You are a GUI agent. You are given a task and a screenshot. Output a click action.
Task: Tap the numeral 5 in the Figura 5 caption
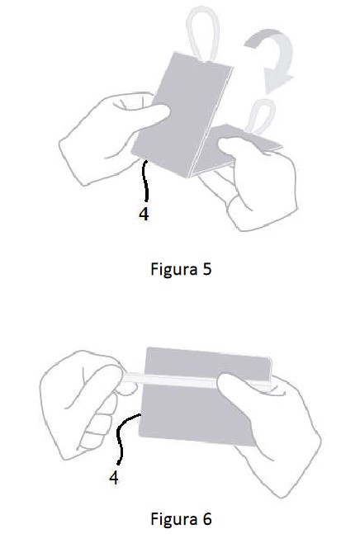(x=207, y=269)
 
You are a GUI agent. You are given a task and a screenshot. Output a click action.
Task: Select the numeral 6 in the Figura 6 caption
(x=207, y=518)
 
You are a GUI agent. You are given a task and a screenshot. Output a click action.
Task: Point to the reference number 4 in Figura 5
(x=144, y=213)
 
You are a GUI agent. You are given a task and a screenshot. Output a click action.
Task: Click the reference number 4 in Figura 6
(x=114, y=477)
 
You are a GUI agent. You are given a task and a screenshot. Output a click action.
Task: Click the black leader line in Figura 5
(x=146, y=180)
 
